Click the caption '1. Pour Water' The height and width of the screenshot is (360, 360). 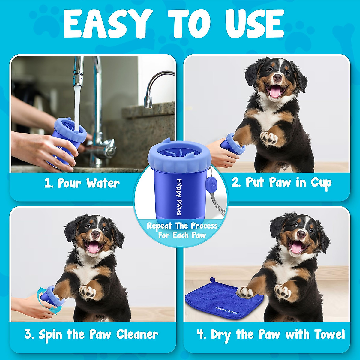(82, 183)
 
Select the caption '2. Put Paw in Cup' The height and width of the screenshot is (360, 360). (281, 182)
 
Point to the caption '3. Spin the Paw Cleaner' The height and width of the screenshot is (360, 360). (91, 334)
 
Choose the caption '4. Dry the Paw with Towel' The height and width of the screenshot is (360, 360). (271, 334)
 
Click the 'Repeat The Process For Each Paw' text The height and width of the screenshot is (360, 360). (182, 230)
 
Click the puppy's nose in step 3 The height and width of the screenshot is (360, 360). (96, 234)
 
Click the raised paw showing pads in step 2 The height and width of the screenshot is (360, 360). (269, 138)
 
